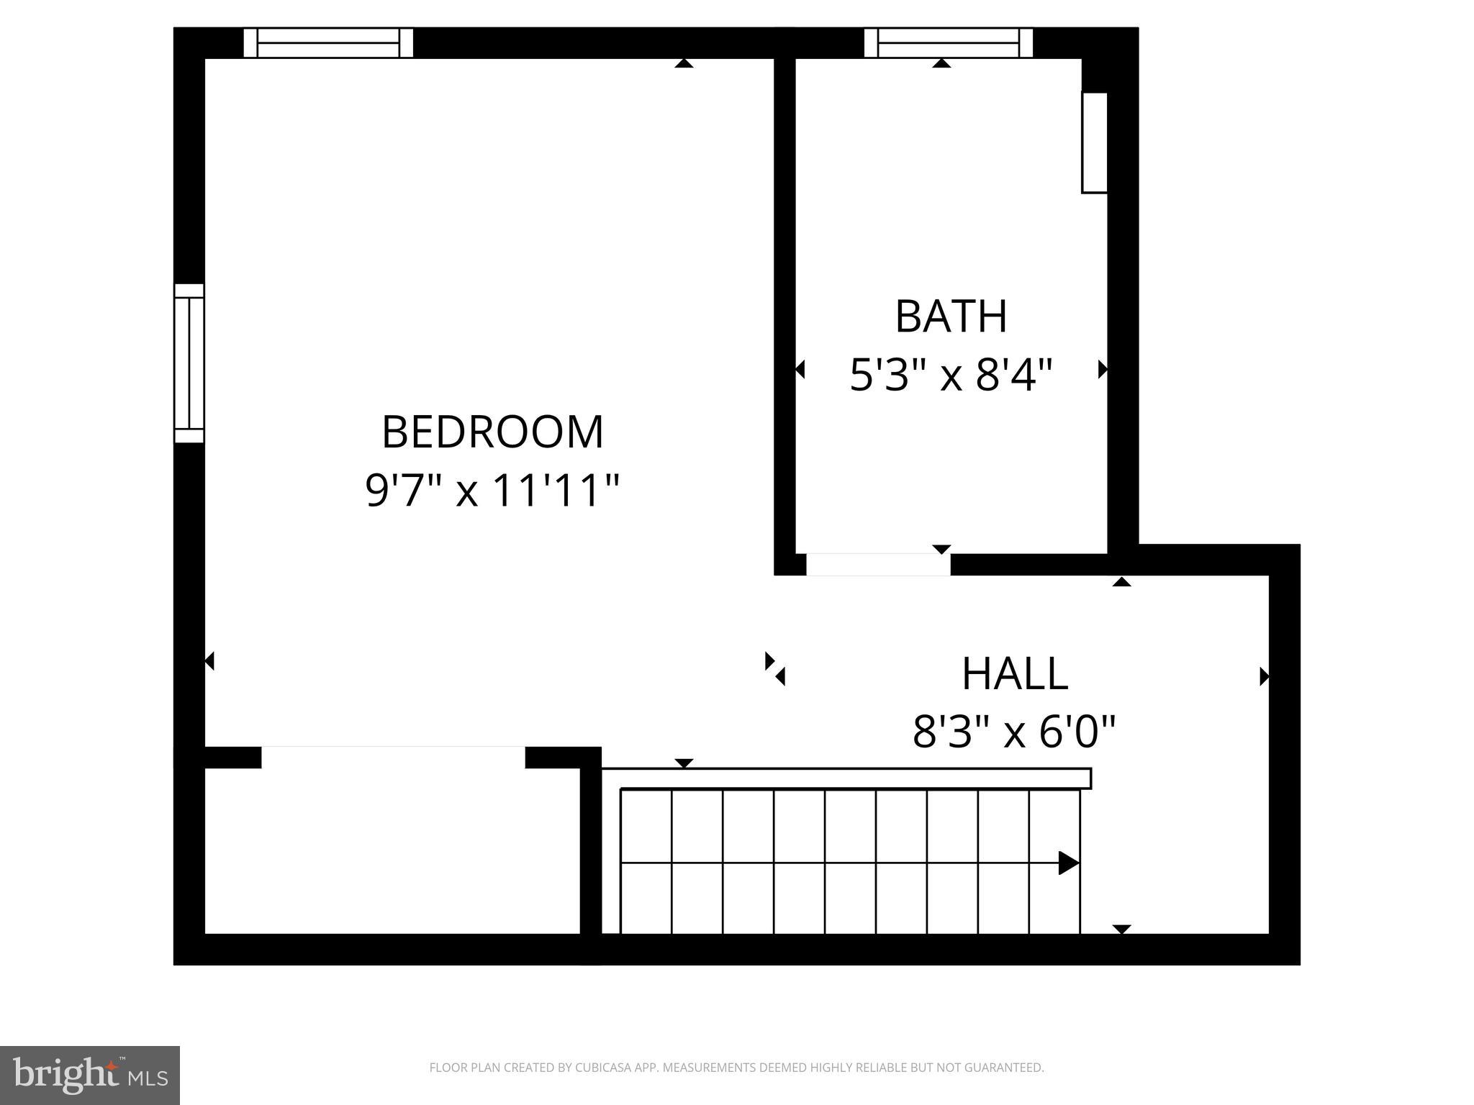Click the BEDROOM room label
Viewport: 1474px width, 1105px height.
tap(492, 432)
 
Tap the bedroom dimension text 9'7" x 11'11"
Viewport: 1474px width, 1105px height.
tap(492, 491)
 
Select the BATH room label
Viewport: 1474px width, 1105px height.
tap(950, 316)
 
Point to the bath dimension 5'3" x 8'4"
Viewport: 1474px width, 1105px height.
tap(950, 375)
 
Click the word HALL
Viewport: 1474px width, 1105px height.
tap(1014, 674)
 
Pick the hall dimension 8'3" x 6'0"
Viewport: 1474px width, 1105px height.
tap(1014, 732)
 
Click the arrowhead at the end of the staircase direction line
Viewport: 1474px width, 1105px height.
tap(1068, 863)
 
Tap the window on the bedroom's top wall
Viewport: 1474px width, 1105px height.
tap(328, 43)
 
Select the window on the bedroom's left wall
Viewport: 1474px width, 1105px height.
tap(189, 363)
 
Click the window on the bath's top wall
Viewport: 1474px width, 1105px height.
tap(948, 43)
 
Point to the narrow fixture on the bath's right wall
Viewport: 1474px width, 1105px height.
tap(1094, 142)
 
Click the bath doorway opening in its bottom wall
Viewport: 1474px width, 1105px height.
tap(878, 565)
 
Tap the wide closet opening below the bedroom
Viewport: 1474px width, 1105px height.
tap(393, 757)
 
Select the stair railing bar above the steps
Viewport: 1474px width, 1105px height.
tap(846, 778)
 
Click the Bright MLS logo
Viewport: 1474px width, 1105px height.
tap(89, 1075)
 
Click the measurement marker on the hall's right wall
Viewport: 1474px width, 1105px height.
tap(1264, 676)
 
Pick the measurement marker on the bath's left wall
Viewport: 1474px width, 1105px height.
tap(800, 370)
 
